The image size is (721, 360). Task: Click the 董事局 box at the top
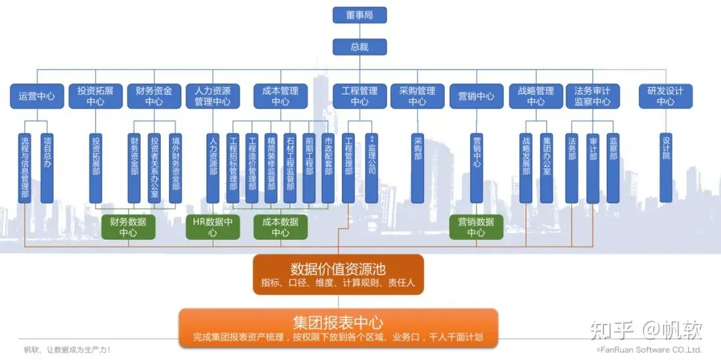pyautogui.click(x=359, y=15)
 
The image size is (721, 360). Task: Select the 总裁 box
pyautogui.click(x=359, y=47)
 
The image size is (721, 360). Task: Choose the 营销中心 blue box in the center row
pyautogui.click(x=476, y=96)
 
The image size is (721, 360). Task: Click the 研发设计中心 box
pyautogui.click(x=665, y=96)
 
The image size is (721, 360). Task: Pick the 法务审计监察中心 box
pyautogui.click(x=592, y=96)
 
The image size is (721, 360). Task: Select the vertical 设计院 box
pyautogui.click(x=666, y=168)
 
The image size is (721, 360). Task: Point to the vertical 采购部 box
pyautogui.click(x=418, y=168)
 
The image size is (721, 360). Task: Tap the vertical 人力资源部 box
pyautogui.click(x=213, y=168)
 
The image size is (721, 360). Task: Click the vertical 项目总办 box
pyautogui.click(x=47, y=168)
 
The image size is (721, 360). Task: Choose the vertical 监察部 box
pyautogui.click(x=614, y=168)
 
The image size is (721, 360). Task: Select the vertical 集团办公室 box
pyautogui.click(x=547, y=168)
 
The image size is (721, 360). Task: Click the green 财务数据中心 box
pyautogui.click(x=128, y=227)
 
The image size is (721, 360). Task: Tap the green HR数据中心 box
pyautogui.click(x=212, y=227)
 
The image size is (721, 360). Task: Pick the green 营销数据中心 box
pyautogui.click(x=476, y=227)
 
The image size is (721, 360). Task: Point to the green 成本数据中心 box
pyautogui.click(x=280, y=227)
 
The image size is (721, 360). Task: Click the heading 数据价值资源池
pyautogui.click(x=338, y=269)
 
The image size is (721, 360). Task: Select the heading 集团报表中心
pyautogui.click(x=338, y=322)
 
